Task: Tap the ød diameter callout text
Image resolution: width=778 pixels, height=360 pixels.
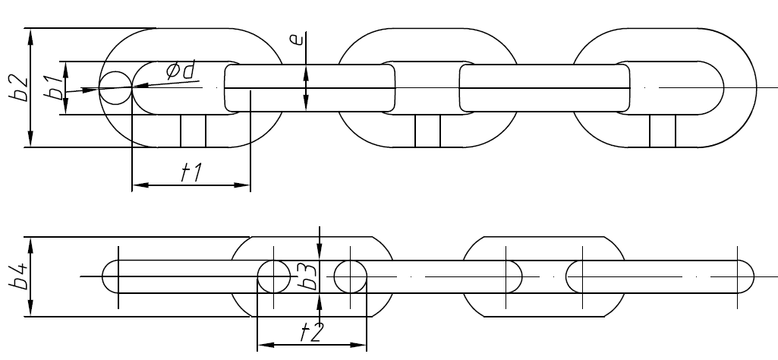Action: tap(181, 71)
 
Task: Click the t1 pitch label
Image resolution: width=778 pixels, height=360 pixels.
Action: tap(190, 173)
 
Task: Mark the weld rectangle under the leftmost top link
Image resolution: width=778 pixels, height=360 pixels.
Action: tap(193, 131)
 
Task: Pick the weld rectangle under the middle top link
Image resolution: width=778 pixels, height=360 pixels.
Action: tap(427, 131)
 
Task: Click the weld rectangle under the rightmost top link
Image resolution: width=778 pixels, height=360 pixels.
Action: tap(663, 131)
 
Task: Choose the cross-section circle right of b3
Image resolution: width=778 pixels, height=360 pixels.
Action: tap(349, 276)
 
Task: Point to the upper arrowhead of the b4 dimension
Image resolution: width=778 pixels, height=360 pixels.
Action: tap(30, 244)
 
